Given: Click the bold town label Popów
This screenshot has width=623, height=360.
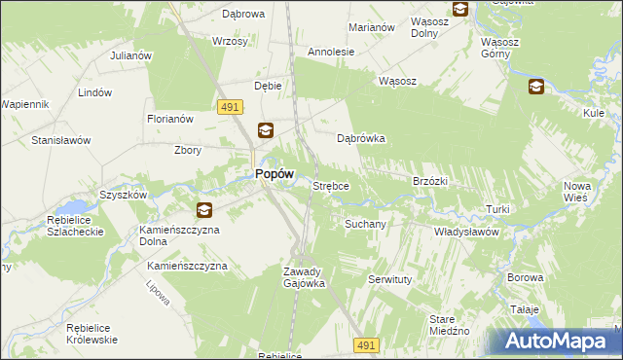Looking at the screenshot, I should [x=274, y=173].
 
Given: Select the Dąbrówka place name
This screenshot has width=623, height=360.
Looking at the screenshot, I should [x=361, y=138].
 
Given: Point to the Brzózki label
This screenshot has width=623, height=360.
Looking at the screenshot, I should [x=429, y=181].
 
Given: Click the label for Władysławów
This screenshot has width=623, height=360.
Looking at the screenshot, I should [x=466, y=233].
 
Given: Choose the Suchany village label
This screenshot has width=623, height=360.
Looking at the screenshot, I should [x=365, y=224].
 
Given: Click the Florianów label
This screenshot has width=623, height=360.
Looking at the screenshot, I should [x=170, y=119].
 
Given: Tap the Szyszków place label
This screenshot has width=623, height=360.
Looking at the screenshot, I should [x=123, y=195].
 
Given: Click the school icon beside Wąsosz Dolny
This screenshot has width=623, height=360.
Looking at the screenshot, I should [x=460, y=10].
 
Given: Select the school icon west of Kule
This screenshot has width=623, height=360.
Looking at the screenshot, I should [x=535, y=88].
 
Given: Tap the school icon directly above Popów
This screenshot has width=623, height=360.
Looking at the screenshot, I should [x=265, y=129].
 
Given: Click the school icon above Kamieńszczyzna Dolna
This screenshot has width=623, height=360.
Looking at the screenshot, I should [x=203, y=209].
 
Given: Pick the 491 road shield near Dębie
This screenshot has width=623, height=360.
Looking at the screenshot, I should [x=231, y=111].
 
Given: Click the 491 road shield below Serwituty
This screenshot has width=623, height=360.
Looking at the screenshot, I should [x=365, y=345].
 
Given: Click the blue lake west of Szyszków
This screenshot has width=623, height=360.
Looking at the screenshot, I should [x=71, y=207].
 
